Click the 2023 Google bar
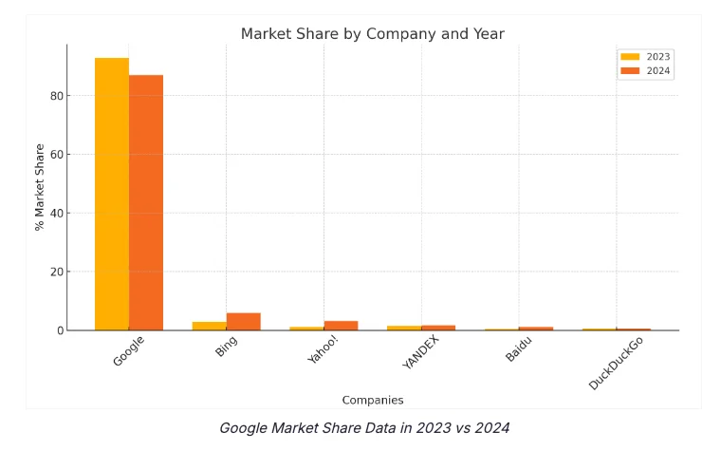(112, 194)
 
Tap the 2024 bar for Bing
(243, 322)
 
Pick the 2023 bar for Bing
(209, 326)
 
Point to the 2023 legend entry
(646, 57)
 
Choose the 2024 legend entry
(646, 71)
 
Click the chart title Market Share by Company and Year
(372, 34)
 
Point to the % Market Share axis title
(40, 187)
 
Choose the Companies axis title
(372, 400)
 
